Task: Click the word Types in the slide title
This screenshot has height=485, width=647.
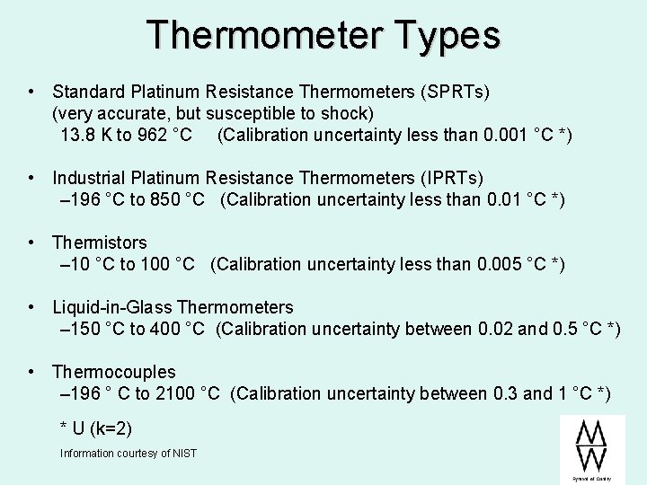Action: point(447,35)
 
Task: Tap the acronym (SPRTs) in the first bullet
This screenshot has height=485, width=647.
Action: point(457,92)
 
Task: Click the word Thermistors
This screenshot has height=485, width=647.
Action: point(100,242)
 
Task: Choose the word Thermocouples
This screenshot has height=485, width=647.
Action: point(114,372)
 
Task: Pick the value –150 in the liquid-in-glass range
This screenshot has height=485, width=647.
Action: point(78,329)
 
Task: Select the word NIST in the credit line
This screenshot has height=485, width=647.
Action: point(184,454)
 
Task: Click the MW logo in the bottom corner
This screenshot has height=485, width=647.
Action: point(590,446)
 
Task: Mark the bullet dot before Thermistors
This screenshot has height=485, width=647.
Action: point(32,242)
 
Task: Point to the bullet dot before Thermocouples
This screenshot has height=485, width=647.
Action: point(32,372)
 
